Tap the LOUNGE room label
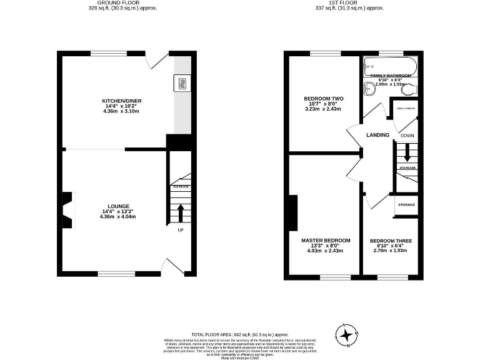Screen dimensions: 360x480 [x=118, y=206]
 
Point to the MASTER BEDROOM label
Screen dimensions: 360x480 [x=326, y=241]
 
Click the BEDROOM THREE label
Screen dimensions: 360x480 [x=391, y=241]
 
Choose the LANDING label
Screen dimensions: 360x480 [x=378, y=135]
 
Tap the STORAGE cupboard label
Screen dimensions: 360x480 [x=407, y=205]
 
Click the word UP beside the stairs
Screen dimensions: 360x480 [x=181, y=230]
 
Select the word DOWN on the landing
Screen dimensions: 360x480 [x=407, y=136]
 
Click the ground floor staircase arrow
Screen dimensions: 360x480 [x=181, y=212]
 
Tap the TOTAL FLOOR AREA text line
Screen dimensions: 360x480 [x=239, y=335]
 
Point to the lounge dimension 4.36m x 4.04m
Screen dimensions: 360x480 [x=118, y=217]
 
